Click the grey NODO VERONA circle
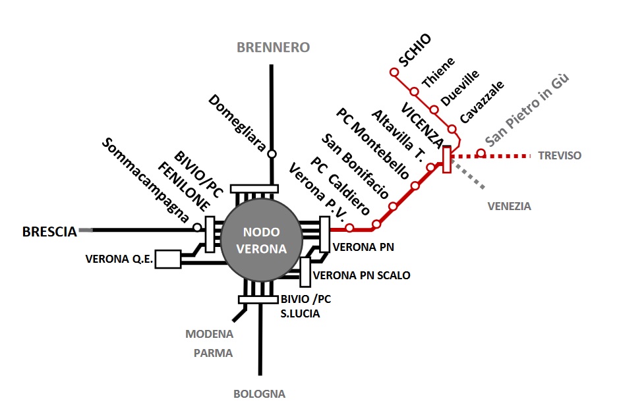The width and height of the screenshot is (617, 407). click(262, 240)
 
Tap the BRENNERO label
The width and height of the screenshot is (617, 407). click(273, 47)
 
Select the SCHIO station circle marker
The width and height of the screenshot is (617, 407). click(394, 72)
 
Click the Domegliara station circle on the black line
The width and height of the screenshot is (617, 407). click(272, 153)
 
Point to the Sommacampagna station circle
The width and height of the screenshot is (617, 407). click(197, 227)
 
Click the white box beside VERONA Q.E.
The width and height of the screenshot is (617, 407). click(168, 259)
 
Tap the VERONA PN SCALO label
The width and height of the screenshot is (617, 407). click(362, 275)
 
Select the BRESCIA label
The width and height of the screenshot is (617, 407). click(49, 232)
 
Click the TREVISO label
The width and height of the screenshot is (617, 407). click(560, 155)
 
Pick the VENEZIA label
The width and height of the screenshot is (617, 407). click(509, 206)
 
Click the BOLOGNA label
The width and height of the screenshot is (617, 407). click(259, 394)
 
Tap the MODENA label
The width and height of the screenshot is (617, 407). click(210, 335)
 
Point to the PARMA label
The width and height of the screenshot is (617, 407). click(213, 353)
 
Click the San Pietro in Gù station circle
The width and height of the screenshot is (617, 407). click(481, 153)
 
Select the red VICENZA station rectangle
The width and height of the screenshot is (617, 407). click(447, 159)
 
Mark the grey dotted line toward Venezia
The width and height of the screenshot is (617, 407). click(468, 175)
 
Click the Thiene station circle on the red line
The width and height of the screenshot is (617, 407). click(414, 92)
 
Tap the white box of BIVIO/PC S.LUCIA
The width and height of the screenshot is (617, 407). click(258, 300)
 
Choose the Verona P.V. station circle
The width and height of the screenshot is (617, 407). click(349, 228)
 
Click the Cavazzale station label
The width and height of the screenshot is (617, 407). click(482, 102)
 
